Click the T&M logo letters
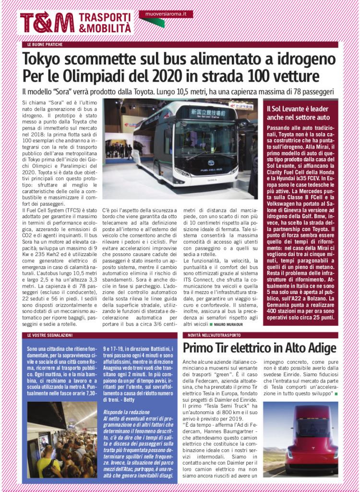tap(47, 23)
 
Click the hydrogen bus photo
tap(180, 149)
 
